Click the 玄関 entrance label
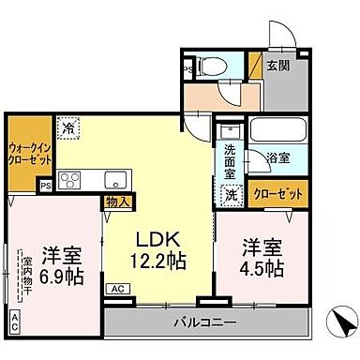(x=277, y=66)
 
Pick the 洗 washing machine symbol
(x=231, y=195)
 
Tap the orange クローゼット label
(x=277, y=194)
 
